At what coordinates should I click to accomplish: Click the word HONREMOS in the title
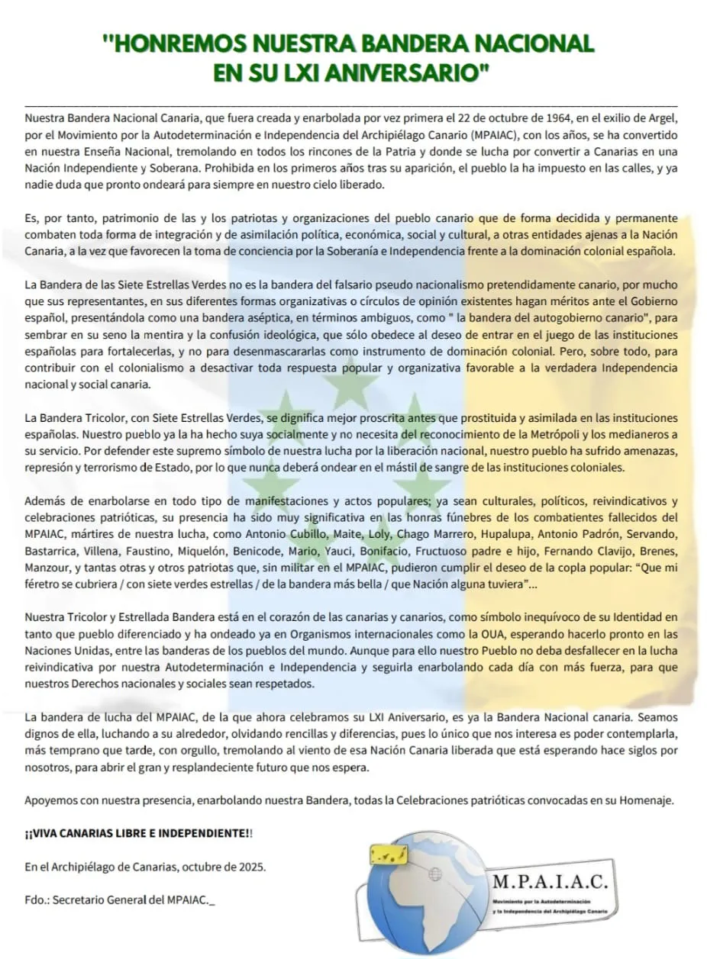(x=181, y=43)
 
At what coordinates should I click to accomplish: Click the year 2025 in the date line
(x=252, y=867)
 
